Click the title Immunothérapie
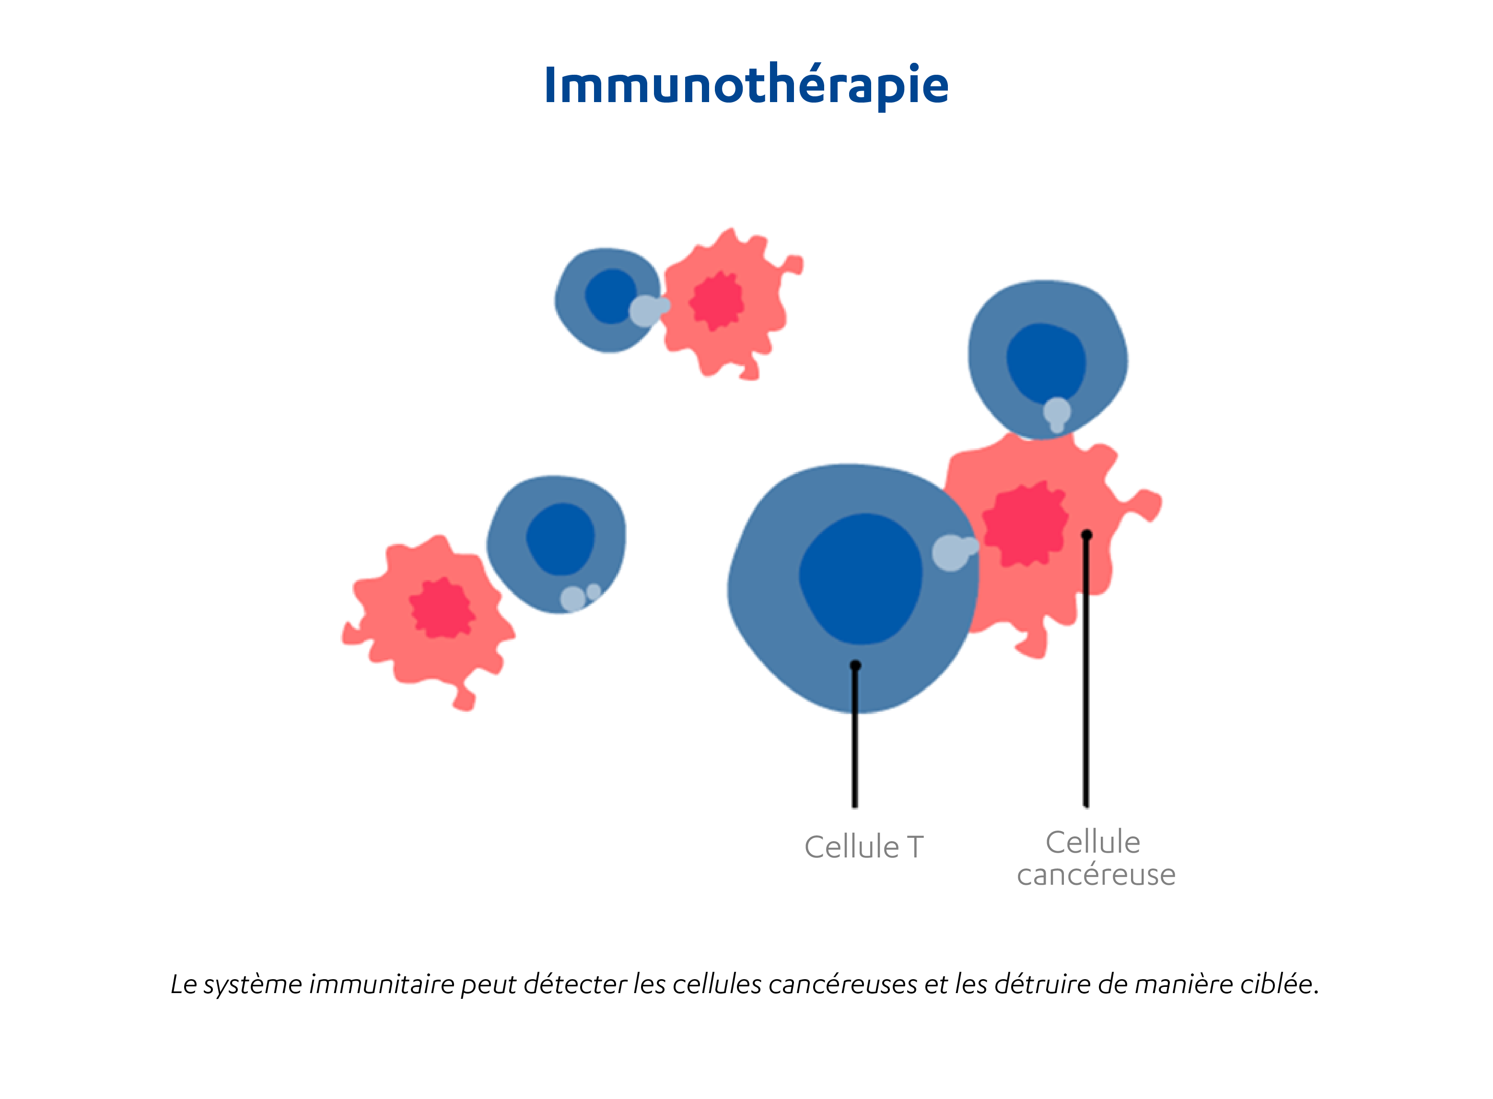tap(746, 85)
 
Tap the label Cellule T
tap(863, 847)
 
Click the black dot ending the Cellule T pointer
tap(856, 665)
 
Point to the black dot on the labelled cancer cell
tap(1086, 534)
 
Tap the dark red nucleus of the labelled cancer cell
tap(1025, 525)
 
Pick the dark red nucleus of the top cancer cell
tap(717, 301)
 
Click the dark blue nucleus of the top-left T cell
tap(609, 296)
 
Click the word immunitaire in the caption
tap(381, 984)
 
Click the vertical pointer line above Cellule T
tap(855, 739)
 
